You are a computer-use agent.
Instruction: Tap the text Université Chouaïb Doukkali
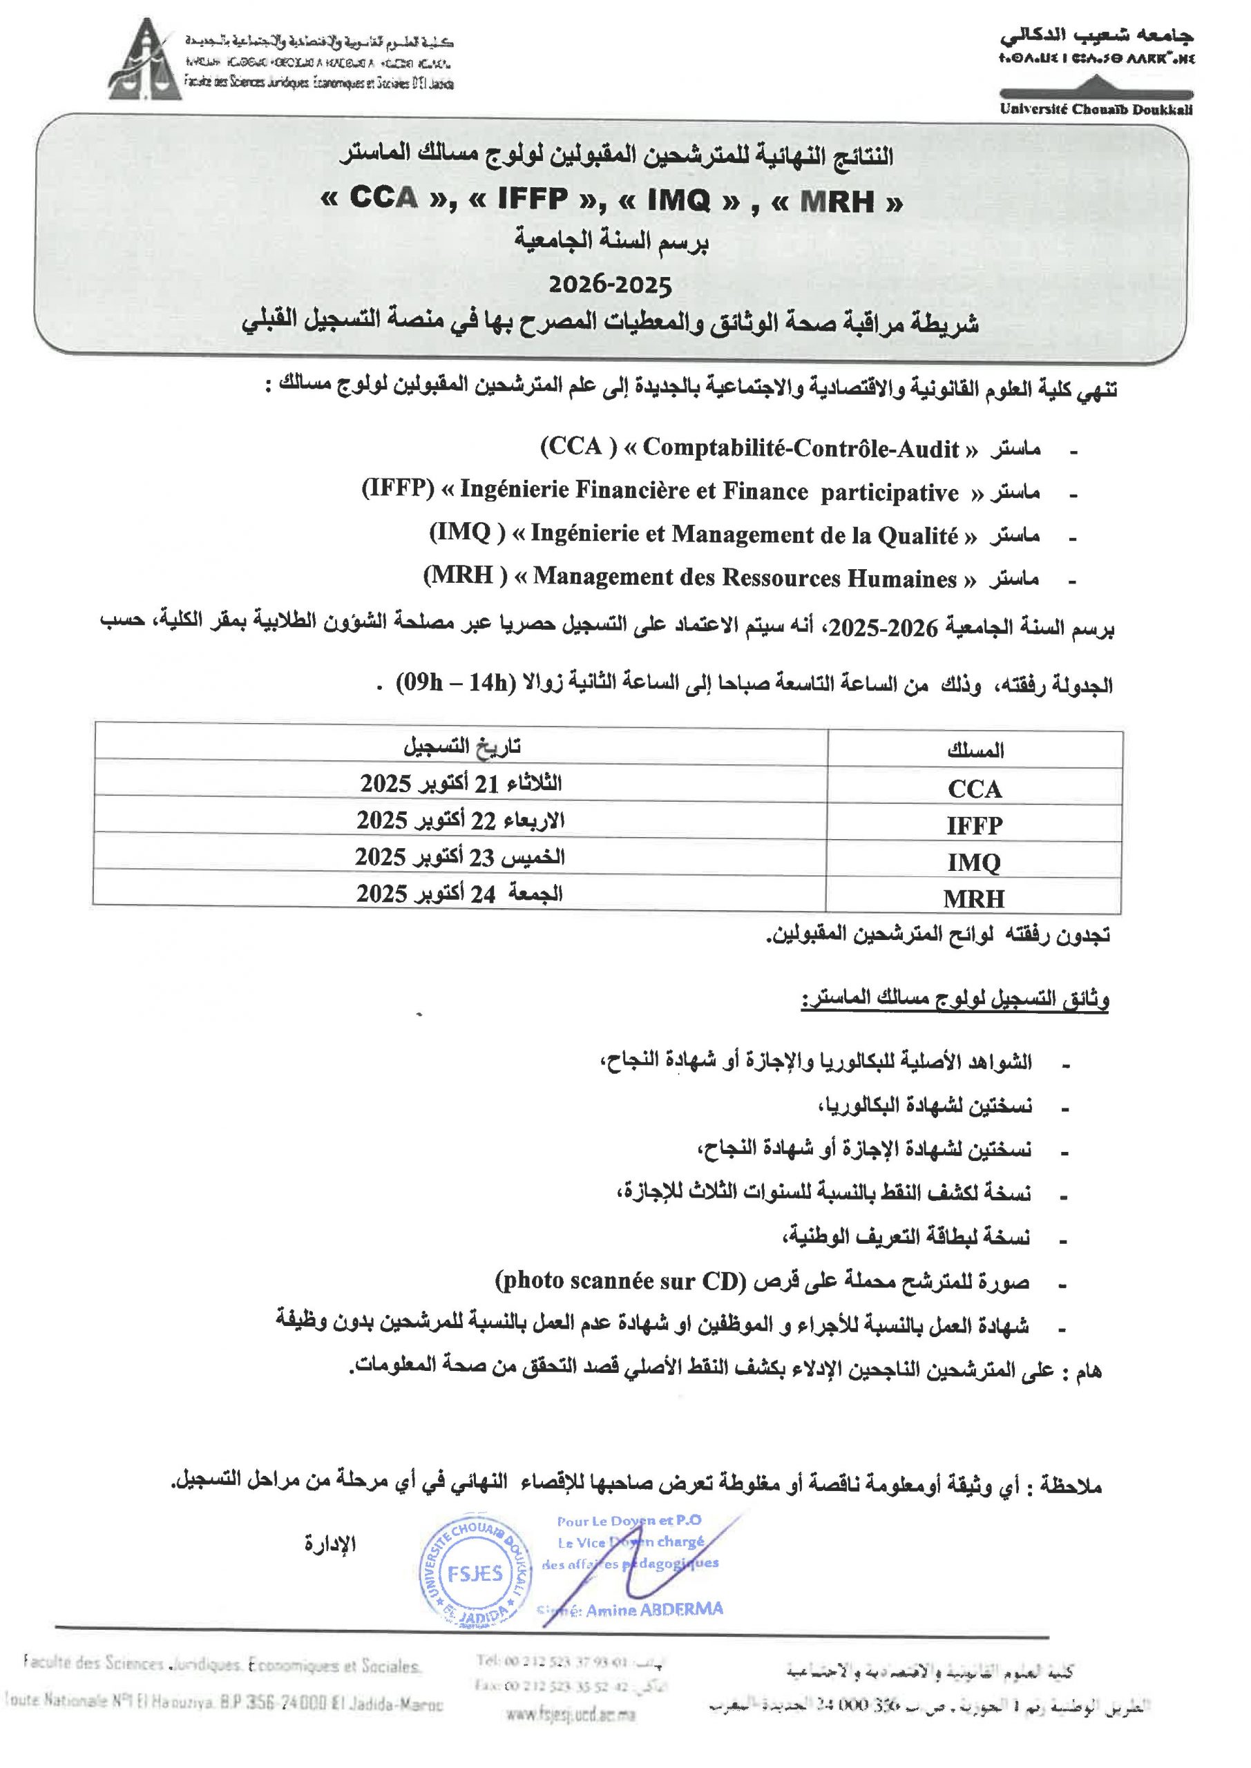1096,109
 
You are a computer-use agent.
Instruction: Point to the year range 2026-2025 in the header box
610,285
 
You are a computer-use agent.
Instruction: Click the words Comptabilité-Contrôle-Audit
801,448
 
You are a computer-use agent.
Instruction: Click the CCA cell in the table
975,789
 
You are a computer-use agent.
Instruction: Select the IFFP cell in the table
975,825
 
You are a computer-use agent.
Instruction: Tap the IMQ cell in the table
975,862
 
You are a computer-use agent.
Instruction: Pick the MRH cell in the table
975,898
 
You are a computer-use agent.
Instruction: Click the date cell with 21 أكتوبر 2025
461,783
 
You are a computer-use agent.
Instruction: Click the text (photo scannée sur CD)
620,1280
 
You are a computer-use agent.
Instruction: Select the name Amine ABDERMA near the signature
654,1609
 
